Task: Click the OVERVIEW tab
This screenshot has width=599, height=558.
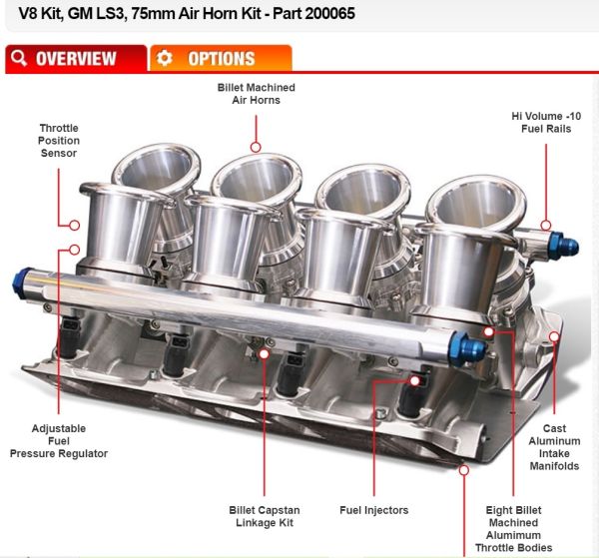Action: point(76,59)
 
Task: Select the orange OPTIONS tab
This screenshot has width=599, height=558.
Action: point(221,59)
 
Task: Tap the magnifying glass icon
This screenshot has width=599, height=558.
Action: point(19,58)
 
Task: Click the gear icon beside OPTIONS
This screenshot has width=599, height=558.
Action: point(165,58)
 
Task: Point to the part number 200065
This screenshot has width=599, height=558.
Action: point(330,13)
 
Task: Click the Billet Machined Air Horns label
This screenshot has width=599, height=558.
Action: point(257,94)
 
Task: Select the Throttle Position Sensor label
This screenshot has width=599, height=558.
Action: point(59,141)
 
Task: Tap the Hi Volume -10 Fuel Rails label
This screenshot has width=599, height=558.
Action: point(546,122)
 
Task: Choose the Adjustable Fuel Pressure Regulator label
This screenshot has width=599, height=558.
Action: point(59,441)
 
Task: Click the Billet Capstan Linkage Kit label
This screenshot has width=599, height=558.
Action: point(265,516)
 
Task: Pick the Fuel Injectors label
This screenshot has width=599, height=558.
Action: point(374,510)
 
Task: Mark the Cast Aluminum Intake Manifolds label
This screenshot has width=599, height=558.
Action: point(554,447)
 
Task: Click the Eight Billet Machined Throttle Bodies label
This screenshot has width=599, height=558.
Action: point(514,529)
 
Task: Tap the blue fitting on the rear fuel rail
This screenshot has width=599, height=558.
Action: point(564,246)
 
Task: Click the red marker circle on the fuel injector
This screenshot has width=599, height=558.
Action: point(415,380)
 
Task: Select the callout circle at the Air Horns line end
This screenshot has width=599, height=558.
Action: point(256,147)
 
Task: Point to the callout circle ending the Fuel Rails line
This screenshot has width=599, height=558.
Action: point(546,226)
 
